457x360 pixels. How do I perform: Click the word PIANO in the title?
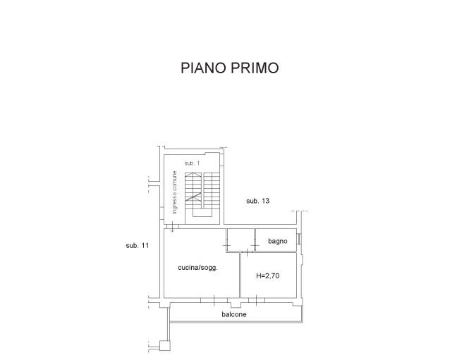click(x=204, y=68)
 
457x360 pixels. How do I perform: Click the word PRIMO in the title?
click(x=255, y=68)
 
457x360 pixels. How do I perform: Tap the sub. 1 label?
click(x=192, y=163)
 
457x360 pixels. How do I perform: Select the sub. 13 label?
click(x=257, y=201)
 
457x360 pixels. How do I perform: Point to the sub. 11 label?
click(x=138, y=246)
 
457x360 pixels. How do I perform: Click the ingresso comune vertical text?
click(x=174, y=192)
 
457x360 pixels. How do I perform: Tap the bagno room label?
click(x=277, y=241)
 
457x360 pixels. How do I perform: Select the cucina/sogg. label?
click(x=198, y=268)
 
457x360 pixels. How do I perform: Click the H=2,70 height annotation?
click(x=267, y=275)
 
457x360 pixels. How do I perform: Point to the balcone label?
click(x=234, y=314)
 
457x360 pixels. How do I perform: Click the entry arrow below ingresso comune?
click(x=172, y=227)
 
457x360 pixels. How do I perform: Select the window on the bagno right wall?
click(x=299, y=239)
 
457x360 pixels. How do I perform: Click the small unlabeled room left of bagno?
click(x=240, y=240)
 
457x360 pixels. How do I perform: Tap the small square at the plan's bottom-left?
click(x=164, y=346)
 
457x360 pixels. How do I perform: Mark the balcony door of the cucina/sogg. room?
click(x=214, y=300)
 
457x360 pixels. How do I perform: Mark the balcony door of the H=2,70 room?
click(x=257, y=300)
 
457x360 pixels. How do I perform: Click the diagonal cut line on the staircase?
click(x=193, y=197)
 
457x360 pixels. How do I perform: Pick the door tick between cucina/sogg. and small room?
click(x=227, y=246)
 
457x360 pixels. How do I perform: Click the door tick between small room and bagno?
click(x=255, y=246)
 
